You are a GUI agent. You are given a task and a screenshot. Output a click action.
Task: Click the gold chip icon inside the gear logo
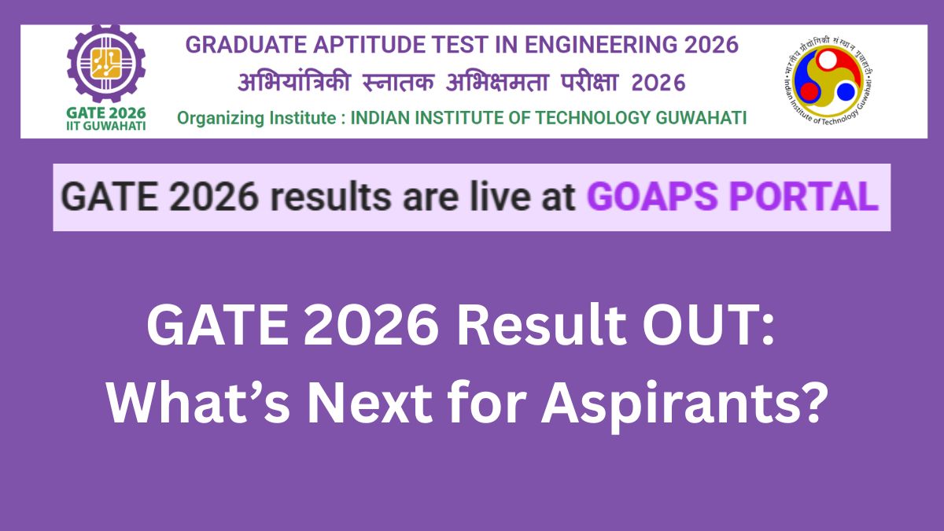(106, 64)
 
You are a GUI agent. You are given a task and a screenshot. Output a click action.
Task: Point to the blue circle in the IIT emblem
(846, 92)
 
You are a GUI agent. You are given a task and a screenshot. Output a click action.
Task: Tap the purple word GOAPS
(652, 197)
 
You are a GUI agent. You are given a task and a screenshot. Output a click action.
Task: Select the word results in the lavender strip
(330, 197)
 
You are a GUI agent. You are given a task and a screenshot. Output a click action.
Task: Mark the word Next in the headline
(370, 403)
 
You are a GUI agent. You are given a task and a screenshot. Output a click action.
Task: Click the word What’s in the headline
(198, 402)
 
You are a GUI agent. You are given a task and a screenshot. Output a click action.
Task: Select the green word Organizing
(220, 119)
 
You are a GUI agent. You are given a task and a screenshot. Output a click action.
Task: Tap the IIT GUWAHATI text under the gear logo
(105, 126)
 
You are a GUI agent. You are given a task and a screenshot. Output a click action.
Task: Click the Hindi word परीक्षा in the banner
(589, 82)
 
